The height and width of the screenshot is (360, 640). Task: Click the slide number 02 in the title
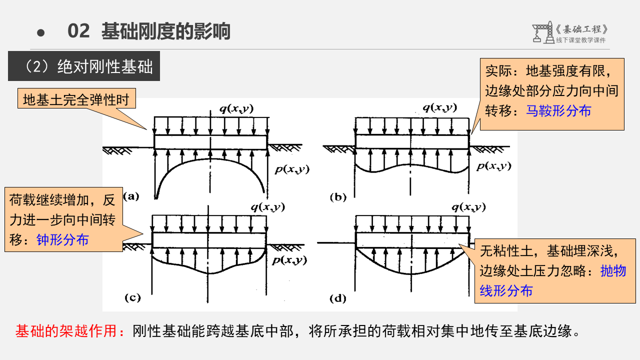point(78,31)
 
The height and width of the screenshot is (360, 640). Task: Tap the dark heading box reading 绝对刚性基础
point(84,66)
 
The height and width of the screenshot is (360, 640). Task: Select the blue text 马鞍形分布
point(558,111)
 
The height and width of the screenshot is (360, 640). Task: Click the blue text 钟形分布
point(62,240)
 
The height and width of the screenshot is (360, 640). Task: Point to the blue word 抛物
point(613,271)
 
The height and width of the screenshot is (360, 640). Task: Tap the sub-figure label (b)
point(338,197)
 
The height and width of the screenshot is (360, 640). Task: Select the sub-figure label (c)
point(132,298)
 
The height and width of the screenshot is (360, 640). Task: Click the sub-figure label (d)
point(338,298)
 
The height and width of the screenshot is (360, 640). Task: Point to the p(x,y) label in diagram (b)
point(493,166)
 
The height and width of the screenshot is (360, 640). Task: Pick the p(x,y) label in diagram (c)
point(290,260)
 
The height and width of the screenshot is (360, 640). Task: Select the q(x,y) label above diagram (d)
point(468,207)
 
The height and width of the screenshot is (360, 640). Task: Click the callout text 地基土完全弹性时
point(76,100)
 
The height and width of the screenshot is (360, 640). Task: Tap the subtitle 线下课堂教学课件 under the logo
point(580,40)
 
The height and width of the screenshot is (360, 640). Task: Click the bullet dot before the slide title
point(41,33)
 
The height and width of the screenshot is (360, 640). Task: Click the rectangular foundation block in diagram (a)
point(210,142)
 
